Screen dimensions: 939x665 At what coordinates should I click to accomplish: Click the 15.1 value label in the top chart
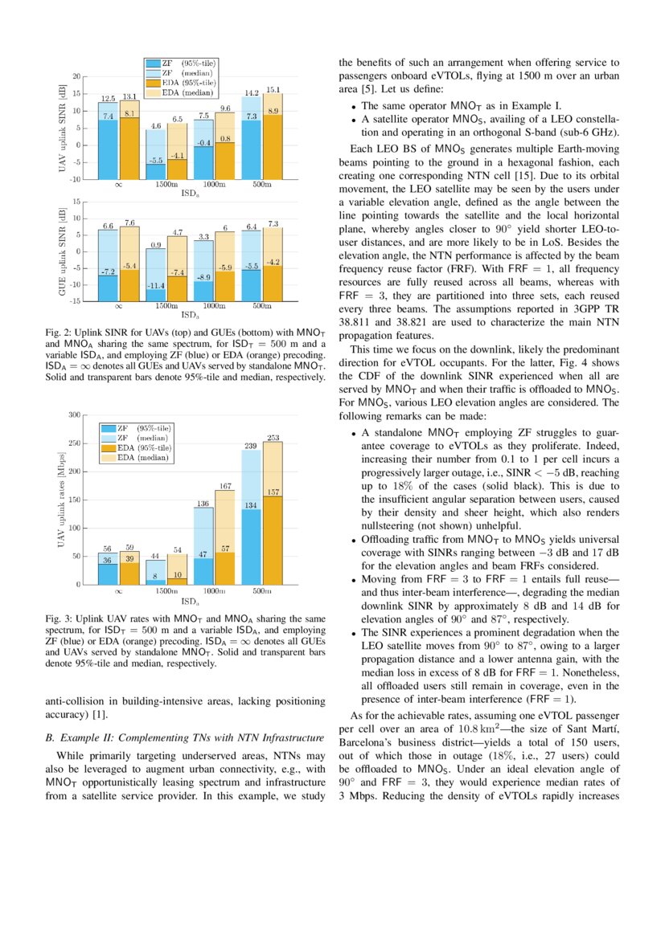pyautogui.click(x=273, y=89)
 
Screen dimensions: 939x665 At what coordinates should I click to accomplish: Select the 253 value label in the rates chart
pyautogui.click(x=273, y=438)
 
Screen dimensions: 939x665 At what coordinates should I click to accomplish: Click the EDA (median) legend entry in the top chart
pyautogui.click(x=183, y=92)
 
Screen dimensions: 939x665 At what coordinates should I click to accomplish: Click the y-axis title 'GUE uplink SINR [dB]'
pyautogui.click(x=61, y=251)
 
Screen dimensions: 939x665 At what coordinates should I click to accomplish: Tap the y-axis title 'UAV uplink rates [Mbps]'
pyautogui.click(x=61, y=499)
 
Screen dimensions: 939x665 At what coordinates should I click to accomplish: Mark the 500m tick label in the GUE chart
pyautogui.click(x=262, y=306)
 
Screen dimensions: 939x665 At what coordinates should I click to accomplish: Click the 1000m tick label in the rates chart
pyautogui.click(x=214, y=590)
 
